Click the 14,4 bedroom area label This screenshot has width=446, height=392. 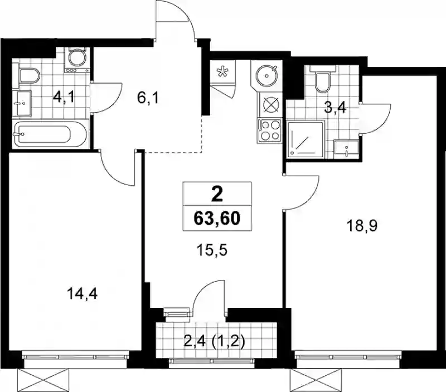(x=82, y=293)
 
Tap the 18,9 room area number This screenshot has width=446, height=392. (x=361, y=226)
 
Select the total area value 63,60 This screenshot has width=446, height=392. (x=217, y=219)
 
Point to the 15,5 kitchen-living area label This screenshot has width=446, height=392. (x=212, y=250)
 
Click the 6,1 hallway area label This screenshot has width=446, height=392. (x=148, y=98)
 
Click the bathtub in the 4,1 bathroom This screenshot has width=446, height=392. (x=50, y=134)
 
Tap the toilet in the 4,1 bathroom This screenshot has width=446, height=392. (x=29, y=75)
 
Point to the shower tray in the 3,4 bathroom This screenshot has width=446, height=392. (x=306, y=139)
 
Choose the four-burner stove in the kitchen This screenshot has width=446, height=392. (x=270, y=130)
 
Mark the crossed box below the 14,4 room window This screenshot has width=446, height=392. (x=43, y=380)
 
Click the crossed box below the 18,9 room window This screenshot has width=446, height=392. (x=316, y=380)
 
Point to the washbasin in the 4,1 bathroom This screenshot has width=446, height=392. (x=24, y=103)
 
